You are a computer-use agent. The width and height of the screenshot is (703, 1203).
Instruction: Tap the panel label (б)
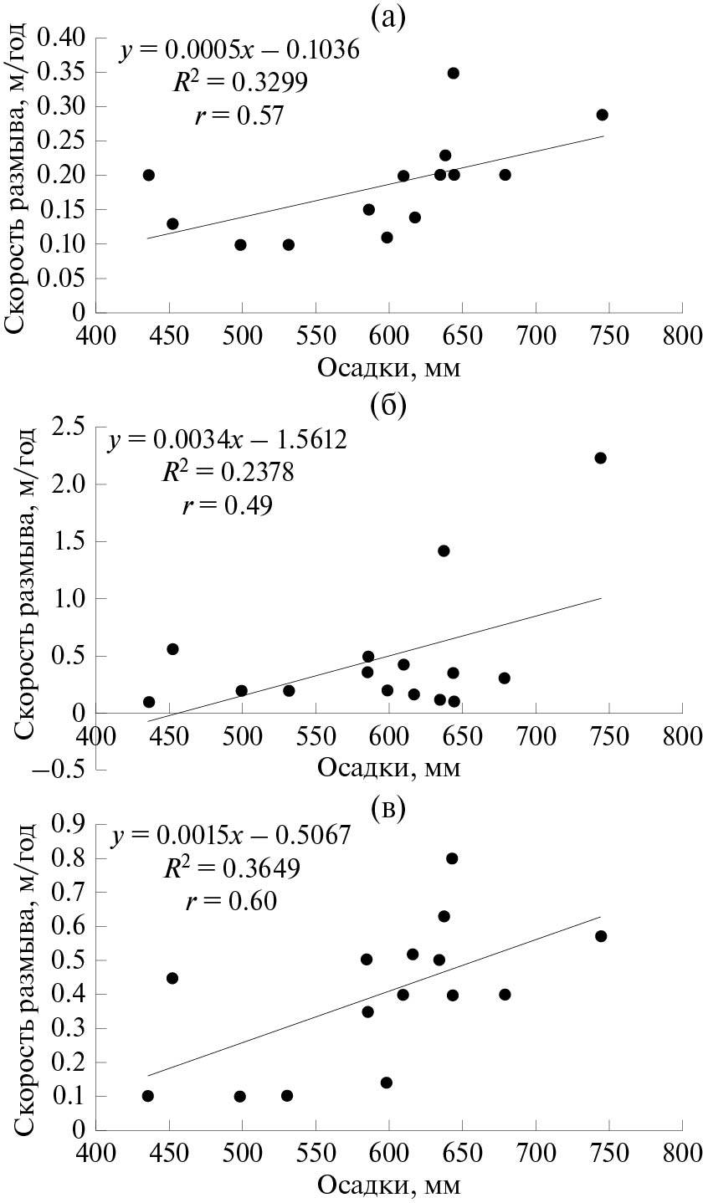coord(387,406)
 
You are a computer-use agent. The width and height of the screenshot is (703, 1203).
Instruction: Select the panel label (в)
coord(387,808)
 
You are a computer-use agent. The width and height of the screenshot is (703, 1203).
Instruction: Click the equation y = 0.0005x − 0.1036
coord(239,51)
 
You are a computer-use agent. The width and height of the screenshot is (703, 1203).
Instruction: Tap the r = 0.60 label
coord(229,901)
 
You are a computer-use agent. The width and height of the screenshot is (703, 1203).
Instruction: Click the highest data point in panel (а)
coord(454,73)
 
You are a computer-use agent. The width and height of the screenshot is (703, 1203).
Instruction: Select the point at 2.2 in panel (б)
coord(600,458)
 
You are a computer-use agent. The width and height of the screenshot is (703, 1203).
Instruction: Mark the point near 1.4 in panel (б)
coord(444,550)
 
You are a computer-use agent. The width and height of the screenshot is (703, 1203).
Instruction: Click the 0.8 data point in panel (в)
coord(452,858)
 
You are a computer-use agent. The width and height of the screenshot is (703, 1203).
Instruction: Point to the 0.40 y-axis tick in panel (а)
coord(66,38)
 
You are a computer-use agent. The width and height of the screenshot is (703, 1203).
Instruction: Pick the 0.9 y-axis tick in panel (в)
coord(72,825)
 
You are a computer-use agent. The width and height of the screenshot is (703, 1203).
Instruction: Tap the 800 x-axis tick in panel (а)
coord(680,336)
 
